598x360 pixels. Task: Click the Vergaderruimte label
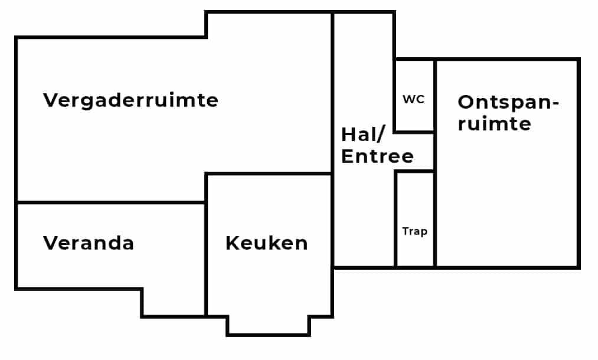click(x=130, y=100)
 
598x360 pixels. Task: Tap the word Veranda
click(x=89, y=243)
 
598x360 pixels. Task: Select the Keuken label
click(x=267, y=243)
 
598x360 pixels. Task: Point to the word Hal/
click(x=362, y=135)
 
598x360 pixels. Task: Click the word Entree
click(x=377, y=156)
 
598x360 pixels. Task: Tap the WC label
click(x=414, y=99)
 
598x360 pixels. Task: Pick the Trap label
click(x=414, y=231)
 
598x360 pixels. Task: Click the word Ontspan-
click(x=508, y=102)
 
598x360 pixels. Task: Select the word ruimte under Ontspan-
click(x=494, y=124)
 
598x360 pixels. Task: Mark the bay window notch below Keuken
click(x=269, y=325)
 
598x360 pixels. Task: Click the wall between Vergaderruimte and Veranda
click(x=111, y=202)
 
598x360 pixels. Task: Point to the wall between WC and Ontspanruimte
click(x=435, y=94)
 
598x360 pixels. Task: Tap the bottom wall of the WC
click(x=414, y=131)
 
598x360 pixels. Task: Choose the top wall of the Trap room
click(x=414, y=172)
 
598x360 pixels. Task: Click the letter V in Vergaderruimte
click(x=50, y=100)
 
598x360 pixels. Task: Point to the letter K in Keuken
click(x=232, y=243)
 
